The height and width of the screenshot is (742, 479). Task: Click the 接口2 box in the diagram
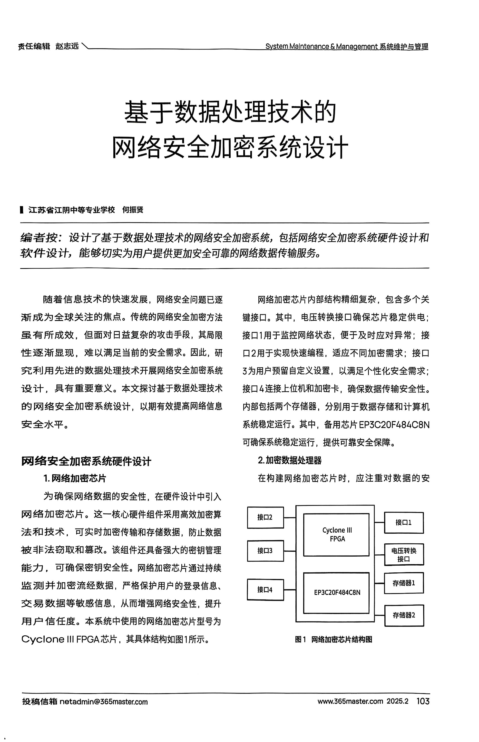(265, 517)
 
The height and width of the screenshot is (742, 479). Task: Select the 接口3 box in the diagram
(265, 551)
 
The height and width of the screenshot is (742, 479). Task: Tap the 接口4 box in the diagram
(265, 590)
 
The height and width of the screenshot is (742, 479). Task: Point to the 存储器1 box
(404, 583)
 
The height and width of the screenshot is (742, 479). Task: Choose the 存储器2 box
(404, 615)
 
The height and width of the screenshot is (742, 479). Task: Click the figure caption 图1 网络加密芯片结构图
(333, 640)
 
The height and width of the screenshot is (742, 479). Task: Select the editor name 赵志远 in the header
(67, 46)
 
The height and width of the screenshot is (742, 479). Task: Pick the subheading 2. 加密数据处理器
(290, 460)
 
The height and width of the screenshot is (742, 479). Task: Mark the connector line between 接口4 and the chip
(290, 590)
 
